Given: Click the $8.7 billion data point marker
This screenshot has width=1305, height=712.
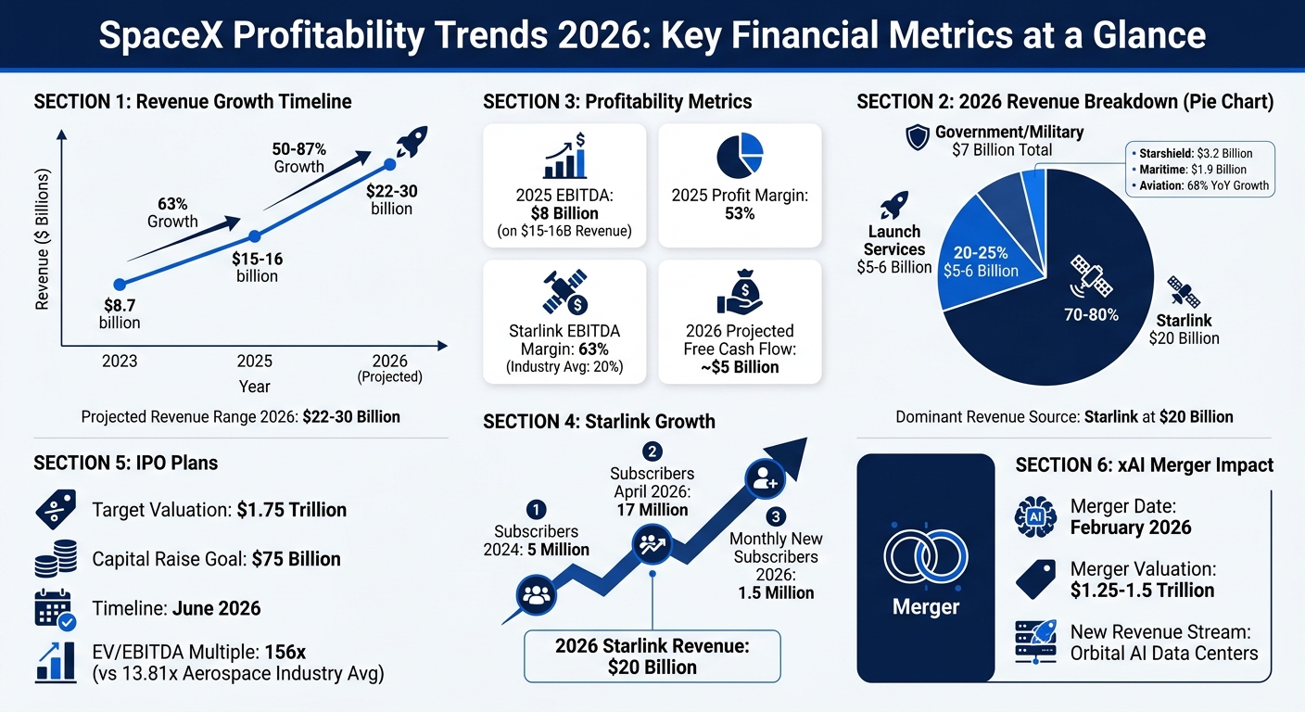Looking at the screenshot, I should (119, 285).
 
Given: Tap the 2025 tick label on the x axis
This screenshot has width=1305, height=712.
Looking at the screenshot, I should (256, 361).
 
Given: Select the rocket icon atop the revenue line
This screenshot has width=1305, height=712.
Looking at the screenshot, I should (412, 143).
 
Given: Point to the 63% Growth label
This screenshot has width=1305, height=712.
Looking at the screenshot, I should (172, 212).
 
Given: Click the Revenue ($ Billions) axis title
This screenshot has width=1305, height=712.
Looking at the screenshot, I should (42, 240).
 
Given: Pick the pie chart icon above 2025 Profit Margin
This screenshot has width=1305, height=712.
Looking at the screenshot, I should (739, 155).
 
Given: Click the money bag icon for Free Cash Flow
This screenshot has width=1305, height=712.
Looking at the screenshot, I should (739, 292).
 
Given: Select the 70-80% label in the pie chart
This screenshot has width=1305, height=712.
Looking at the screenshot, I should (1091, 314).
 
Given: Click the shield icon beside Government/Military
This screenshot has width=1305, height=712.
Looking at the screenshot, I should (917, 138).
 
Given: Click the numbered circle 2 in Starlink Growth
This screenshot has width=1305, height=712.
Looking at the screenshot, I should (652, 452).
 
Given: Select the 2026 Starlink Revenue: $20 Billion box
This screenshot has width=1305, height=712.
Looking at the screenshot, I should (652, 656).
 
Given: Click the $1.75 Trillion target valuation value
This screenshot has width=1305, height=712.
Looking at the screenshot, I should (292, 510).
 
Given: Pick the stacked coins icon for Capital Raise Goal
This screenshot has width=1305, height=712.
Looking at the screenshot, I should (56, 560).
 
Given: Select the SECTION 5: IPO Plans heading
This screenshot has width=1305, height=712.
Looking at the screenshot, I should (126, 463).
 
